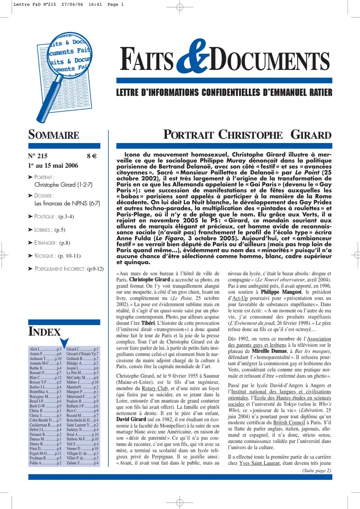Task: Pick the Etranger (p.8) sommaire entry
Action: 52,243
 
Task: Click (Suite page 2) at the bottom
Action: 314,471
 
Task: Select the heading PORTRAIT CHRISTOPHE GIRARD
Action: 247,135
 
